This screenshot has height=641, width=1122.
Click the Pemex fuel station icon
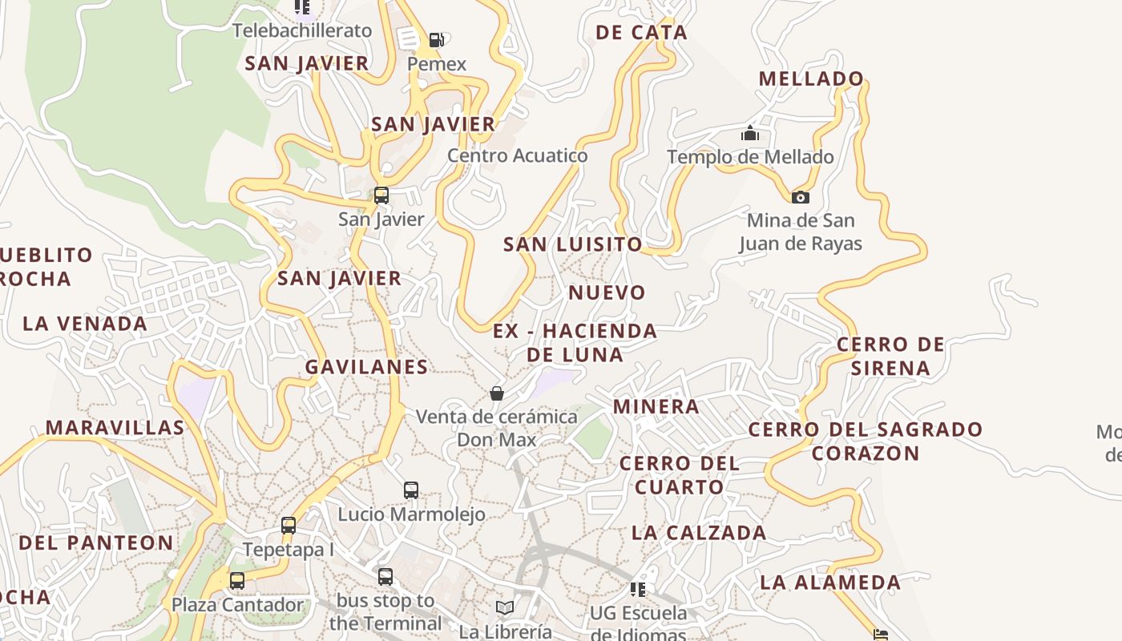coord(436,40)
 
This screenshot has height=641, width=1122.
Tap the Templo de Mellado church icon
coord(750,133)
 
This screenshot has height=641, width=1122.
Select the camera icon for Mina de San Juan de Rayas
coord(800,197)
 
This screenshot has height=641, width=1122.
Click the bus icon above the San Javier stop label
coord(381,195)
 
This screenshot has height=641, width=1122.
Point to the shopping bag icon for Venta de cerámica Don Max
coord(497,393)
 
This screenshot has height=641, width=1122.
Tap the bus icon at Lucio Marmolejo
coord(411,490)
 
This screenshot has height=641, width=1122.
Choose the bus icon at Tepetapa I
coord(289,526)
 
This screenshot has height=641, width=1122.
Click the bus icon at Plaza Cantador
coord(237,581)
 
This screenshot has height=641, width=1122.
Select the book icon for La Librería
coord(505,608)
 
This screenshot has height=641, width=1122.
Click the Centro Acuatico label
coord(518,155)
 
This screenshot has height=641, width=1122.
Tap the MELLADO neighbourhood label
coord(811,79)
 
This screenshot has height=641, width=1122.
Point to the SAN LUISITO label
coord(573,244)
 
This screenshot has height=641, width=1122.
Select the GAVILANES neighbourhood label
coord(366,367)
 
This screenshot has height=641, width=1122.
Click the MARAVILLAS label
coord(115,428)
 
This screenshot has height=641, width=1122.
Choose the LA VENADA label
coord(85,324)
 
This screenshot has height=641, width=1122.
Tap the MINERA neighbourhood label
coord(656,406)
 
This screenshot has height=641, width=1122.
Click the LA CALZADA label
coord(699,533)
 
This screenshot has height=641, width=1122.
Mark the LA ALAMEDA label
coord(830,583)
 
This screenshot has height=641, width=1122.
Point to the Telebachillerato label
coord(302,30)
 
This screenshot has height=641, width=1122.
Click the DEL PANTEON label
coord(96,542)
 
